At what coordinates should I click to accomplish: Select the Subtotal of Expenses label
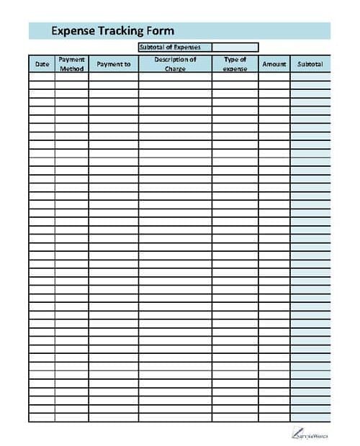click(175, 47)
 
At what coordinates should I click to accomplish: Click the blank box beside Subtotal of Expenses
click(235, 47)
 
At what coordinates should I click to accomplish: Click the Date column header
click(42, 64)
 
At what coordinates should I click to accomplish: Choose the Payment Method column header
click(71, 64)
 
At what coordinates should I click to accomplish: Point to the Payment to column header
click(113, 64)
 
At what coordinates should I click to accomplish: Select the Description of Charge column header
click(175, 64)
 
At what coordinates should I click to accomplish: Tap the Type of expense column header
click(235, 64)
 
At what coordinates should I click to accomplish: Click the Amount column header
click(274, 64)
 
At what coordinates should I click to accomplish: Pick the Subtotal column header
click(310, 64)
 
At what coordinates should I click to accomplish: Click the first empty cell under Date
click(42, 77)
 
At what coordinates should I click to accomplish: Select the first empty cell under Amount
click(274, 77)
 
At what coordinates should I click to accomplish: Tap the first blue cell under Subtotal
click(310, 77)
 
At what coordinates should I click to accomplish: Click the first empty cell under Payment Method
click(71, 77)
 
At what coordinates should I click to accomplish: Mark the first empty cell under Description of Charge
click(175, 77)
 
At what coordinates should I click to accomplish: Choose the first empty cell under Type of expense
click(235, 77)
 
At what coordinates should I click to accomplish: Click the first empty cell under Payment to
click(113, 77)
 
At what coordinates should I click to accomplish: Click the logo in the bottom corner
click(310, 432)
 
